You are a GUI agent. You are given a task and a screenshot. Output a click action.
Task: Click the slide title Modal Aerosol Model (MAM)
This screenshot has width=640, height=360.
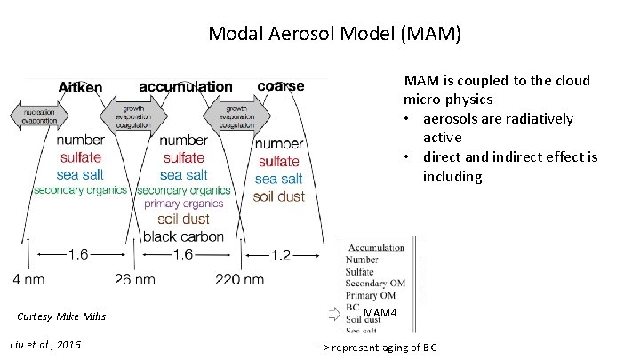click(x=334, y=34)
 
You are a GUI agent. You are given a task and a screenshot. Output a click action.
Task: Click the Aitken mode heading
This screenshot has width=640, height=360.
click(x=80, y=88)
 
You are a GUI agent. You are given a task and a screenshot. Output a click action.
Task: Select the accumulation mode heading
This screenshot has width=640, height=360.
click(x=186, y=87)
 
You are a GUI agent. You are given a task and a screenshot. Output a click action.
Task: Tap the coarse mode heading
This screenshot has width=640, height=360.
click(x=280, y=86)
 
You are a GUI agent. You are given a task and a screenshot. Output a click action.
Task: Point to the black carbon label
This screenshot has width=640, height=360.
click(x=183, y=236)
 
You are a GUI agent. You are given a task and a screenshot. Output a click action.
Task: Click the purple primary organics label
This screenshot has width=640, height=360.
click(x=185, y=204)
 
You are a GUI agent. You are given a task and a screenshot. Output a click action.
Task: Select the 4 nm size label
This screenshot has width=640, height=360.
click(x=29, y=279)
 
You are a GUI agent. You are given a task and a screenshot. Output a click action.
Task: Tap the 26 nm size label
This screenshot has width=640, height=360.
click(x=134, y=279)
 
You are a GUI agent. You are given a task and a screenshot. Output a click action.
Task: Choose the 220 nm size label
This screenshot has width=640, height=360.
click(x=239, y=279)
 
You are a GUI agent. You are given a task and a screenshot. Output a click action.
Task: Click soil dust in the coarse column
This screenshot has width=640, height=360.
click(x=278, y=196)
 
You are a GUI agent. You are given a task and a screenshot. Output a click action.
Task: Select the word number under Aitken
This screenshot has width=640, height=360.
click(x=80, y=140)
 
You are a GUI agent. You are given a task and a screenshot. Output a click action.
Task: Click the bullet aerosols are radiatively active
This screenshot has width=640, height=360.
click(x=497, y=128)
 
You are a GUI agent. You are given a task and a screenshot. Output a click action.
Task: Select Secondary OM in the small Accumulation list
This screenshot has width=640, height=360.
click(x=375, y=284)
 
